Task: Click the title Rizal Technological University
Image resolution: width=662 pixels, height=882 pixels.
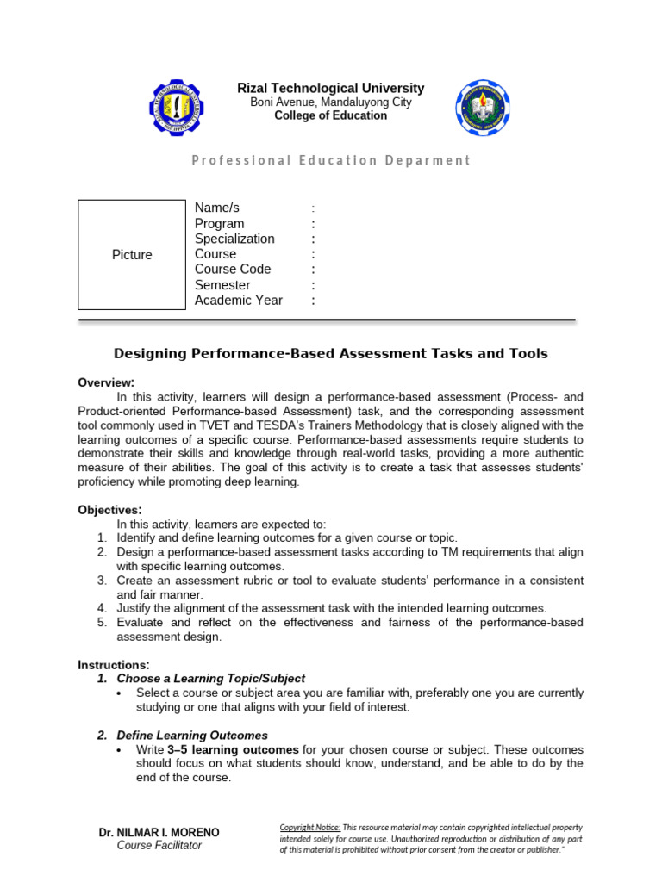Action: pos(331,88)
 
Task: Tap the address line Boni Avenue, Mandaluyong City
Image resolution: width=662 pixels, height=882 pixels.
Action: pos(331,102)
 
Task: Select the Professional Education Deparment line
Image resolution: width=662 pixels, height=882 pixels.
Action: pos(331,160)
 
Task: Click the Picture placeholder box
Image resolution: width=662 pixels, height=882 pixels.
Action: pos(132,255)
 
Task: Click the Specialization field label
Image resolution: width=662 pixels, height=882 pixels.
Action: pos(234,239)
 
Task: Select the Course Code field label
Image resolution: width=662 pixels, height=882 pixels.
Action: pos(233,270)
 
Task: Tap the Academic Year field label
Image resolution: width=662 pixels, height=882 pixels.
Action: pos(238,301)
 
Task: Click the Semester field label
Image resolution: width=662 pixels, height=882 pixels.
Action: pos(222,285)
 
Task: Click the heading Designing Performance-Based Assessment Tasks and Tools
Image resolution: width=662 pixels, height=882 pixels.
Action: pos(331,354)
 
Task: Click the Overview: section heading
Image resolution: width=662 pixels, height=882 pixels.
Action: pos(106,382)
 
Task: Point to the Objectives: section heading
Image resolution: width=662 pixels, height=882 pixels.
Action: pos(109,510)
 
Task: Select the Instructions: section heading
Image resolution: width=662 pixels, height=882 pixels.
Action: pos(114,665)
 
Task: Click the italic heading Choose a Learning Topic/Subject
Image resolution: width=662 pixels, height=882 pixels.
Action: pos(210,679)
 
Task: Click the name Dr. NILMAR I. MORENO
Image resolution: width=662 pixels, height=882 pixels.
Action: pos(159,833)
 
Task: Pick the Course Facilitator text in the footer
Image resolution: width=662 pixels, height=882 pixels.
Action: pos(159,846)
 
